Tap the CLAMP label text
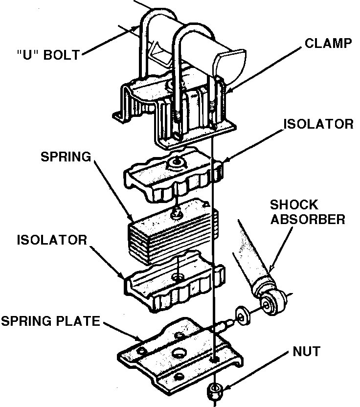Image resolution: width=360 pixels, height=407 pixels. click(x=328, y=43)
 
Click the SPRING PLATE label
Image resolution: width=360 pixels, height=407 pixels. click(x=50, y=321)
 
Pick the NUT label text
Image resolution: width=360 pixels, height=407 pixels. click(x=307, y=351)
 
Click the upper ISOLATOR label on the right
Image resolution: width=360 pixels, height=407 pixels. click(x=318, y=124)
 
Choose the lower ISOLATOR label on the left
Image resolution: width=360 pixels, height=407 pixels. click(x=52, y=240)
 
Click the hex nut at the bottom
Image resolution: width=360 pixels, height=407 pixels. click(x=214, y=390)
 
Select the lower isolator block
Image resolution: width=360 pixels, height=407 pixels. click(x=174, y=284)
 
